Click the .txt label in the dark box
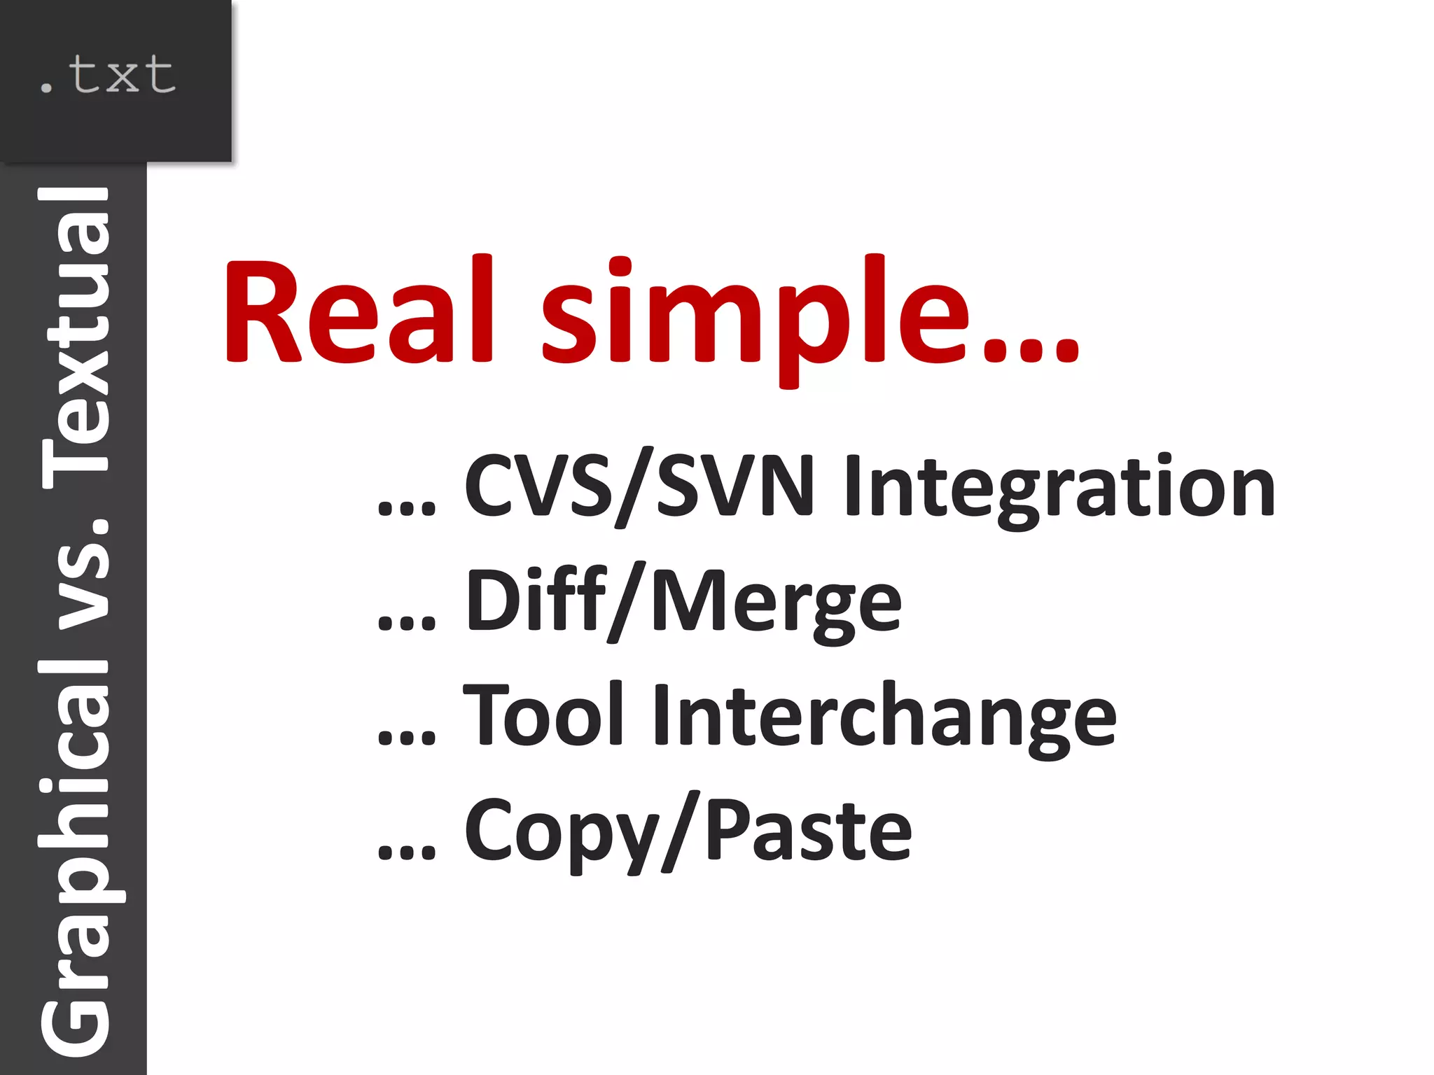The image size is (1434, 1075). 106,76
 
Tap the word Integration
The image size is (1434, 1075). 1059,487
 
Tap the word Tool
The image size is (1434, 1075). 543,714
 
